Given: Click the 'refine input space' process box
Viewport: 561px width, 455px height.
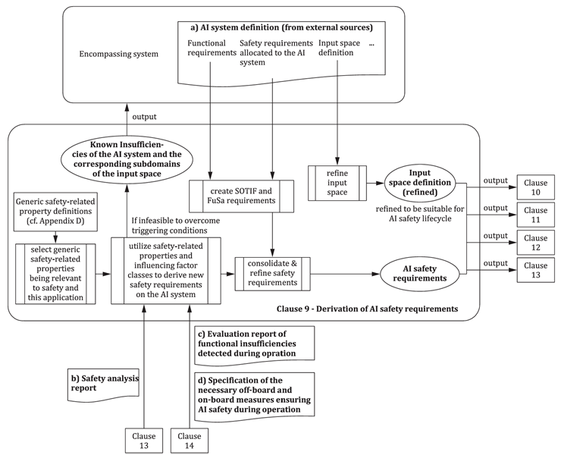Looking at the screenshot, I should click(337, 183).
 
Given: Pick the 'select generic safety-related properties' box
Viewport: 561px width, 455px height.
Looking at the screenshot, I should click(55, 272).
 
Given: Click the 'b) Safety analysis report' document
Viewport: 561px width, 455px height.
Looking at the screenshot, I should click(99, 379).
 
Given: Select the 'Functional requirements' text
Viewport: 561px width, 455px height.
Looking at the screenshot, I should click(210, 49).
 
